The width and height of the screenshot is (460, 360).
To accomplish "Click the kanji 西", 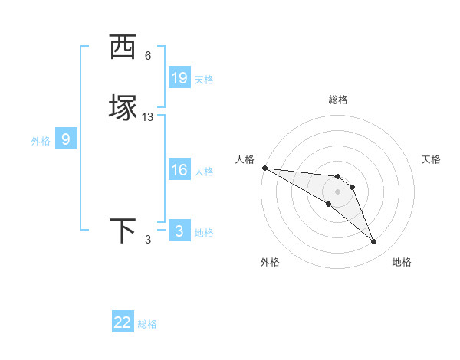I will tap(122, 47).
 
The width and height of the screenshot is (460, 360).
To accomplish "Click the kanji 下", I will tap(122, 231).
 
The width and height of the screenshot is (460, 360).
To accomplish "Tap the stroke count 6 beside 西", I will tap(148, 55).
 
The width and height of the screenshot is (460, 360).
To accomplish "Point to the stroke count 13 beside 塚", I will tap(148, 117).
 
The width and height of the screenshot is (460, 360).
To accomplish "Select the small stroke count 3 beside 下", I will tap(148, 240).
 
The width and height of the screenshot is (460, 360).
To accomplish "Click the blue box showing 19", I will tap(179, 78).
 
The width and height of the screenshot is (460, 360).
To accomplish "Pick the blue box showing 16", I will tap(179, 170).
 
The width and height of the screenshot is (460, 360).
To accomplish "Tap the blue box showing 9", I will tap(66, 139).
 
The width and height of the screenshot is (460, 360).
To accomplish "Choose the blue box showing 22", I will tap(123, 322).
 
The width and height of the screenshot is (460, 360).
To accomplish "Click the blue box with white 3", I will tap(179, 231).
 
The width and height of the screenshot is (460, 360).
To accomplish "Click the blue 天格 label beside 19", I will tap(204, 79).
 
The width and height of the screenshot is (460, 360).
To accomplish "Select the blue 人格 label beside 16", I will tap(204, 171).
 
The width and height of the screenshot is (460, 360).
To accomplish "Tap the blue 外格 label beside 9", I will tap(41, 140).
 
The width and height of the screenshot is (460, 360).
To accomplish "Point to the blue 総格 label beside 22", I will tap(147, 324).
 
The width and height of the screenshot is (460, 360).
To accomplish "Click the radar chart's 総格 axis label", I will tap(338, 100).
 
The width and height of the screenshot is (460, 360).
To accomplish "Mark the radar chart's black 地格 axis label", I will tap(402, 262).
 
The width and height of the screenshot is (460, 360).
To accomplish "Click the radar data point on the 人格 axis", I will tap(264, 168).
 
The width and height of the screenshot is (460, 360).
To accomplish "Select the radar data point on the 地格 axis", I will tap(373, 241).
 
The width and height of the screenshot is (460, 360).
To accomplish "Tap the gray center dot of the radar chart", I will tap(337, 191).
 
